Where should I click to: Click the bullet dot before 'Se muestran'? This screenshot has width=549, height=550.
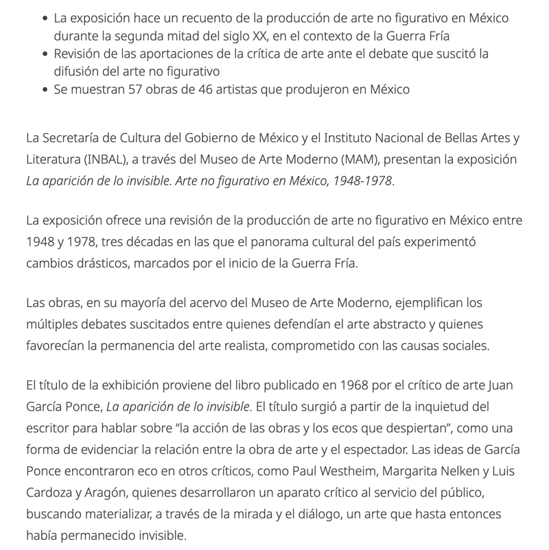(45, 89)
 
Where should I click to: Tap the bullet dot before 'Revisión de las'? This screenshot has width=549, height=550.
(45, 54)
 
